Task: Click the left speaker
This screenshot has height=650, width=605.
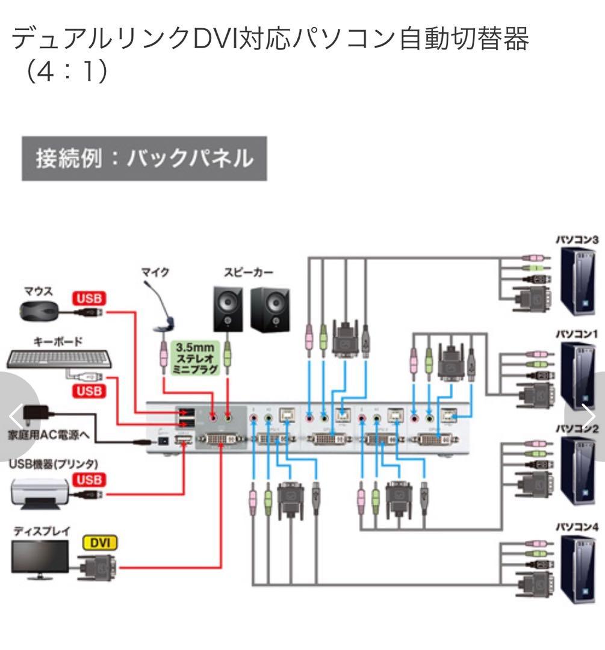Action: click(x=228, y=308)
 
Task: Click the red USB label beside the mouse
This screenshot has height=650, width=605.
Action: click(x=89, y=298)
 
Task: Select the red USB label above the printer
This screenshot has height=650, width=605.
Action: click(x=89, y=480)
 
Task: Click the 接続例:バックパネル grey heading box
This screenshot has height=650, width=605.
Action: click(x=144, y=159)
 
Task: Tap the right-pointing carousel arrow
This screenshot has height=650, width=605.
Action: click(x=587, y=415)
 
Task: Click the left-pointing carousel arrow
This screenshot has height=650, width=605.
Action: click(x=17, y=415)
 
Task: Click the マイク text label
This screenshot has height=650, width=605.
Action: click(x=155, y=273)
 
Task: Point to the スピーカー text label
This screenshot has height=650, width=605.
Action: click(x=246, y=272)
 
